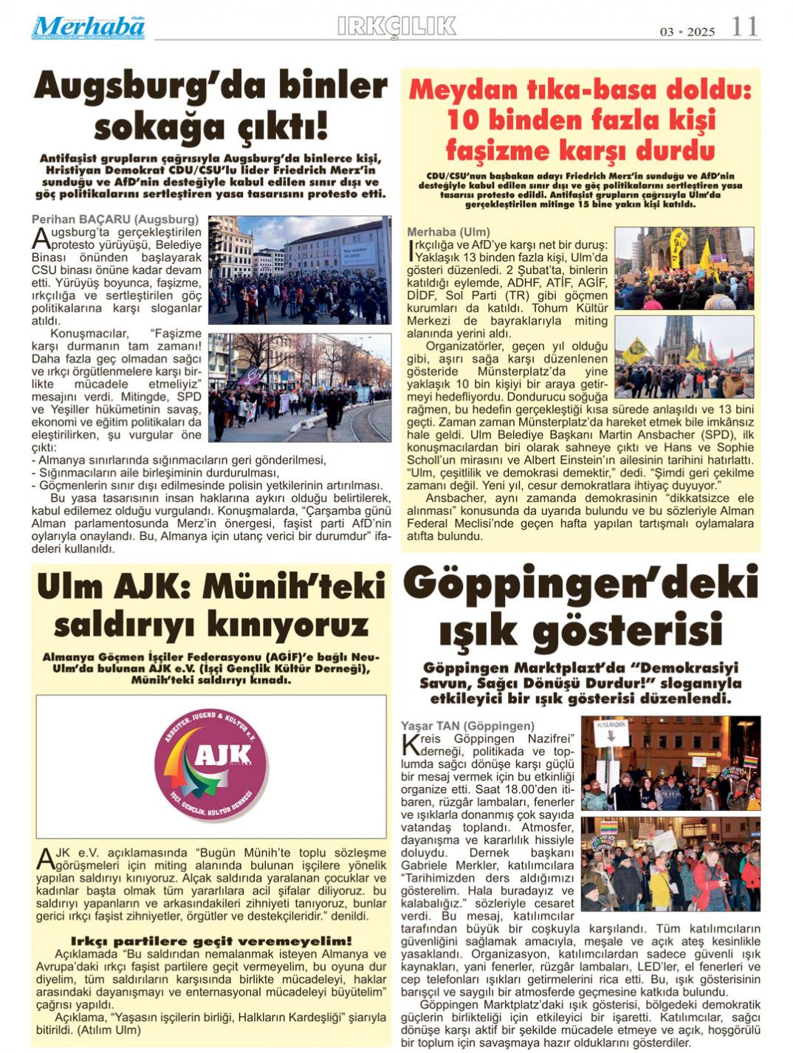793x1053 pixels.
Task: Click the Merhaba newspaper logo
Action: [88, 27]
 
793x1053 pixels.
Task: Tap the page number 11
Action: [744, 27]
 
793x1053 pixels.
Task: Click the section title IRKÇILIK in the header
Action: [396, 27]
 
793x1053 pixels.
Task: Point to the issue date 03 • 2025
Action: [687, 32]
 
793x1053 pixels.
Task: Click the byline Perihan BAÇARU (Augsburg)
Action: [115, 219]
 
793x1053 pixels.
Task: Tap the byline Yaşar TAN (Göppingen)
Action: [467, 726]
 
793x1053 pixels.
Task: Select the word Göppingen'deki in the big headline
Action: [580, 583]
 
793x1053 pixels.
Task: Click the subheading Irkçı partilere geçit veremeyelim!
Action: [211, 941]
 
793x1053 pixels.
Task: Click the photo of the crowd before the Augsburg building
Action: [300, 270]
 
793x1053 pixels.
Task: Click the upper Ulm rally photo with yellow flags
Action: [684, 267]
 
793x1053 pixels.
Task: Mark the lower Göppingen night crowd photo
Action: [670, 863]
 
